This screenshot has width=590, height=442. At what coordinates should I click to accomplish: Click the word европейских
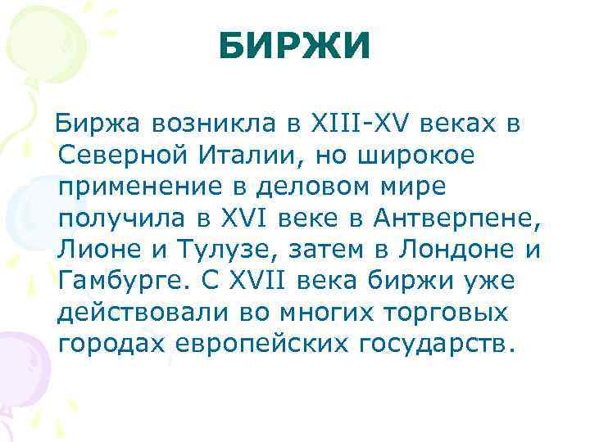pyautogui.click(x=263, y=344)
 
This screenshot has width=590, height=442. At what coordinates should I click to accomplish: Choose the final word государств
pyautogui.click(x=438, y=344)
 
